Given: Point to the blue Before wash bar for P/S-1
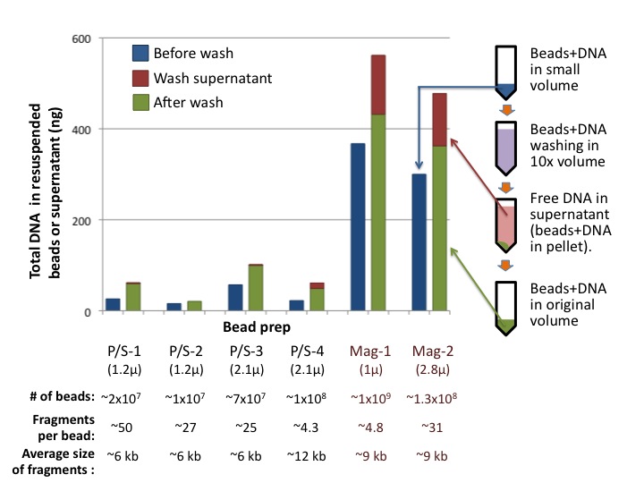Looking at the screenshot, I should click(x=113, y=304).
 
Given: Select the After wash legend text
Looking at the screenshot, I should click(x=189, y=102).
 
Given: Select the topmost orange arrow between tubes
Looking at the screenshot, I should click(x=505, y=109).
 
